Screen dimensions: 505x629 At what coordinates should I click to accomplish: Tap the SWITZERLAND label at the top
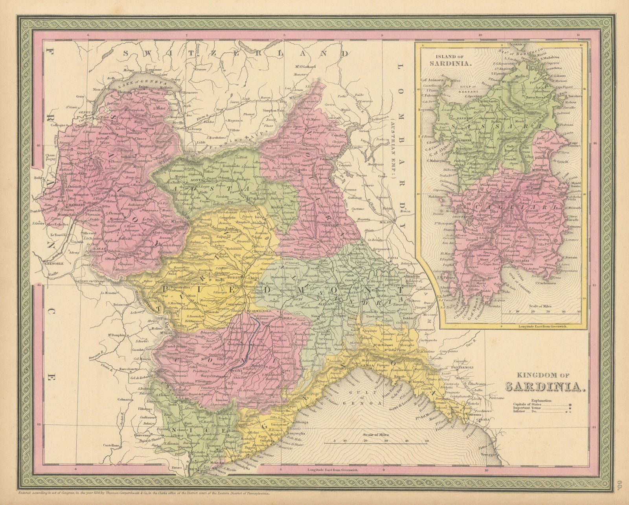point(235,53)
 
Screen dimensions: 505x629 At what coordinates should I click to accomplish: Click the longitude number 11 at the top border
point(578,35)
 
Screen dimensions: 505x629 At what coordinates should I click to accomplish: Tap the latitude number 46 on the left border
point(38,146)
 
